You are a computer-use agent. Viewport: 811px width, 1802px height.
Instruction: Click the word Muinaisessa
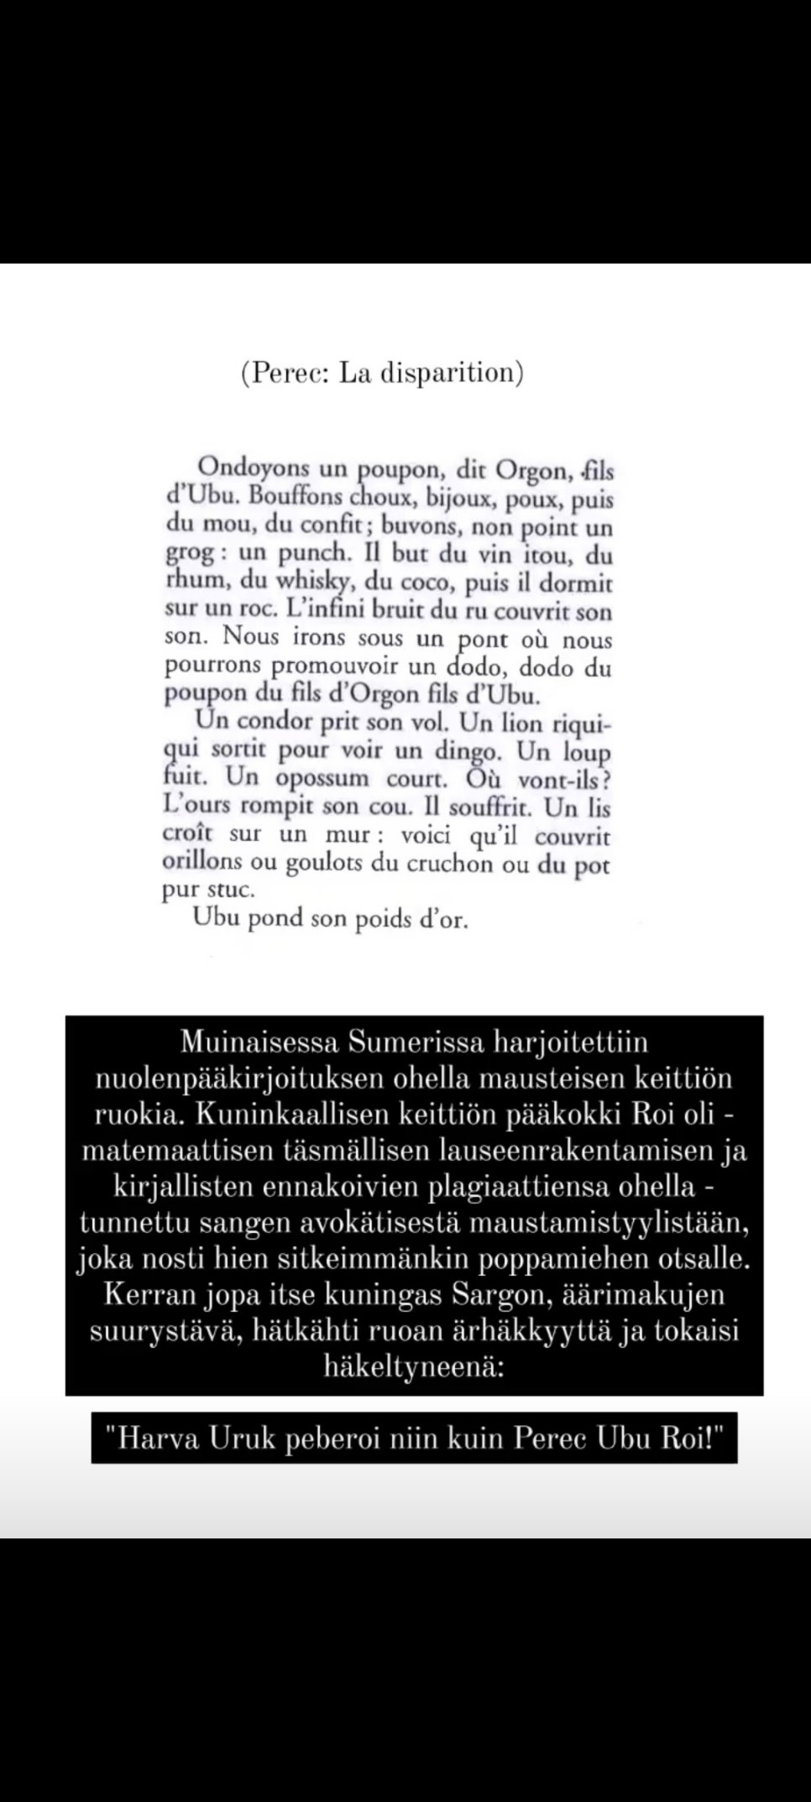tap(259, 1042)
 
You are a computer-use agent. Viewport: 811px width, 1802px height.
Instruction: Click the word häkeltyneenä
tap(414, 1367)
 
